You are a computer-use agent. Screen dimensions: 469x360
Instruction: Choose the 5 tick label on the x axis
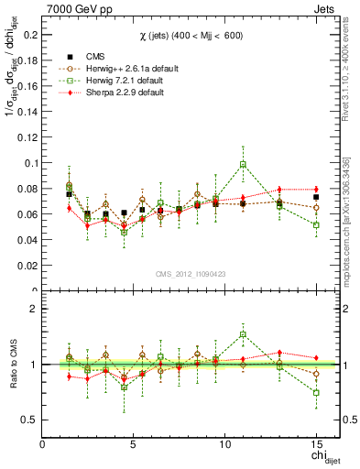pos(134,445)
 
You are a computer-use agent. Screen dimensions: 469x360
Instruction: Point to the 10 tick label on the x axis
pos(224,445)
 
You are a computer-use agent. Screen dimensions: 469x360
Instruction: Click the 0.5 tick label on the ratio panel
pos(28,420)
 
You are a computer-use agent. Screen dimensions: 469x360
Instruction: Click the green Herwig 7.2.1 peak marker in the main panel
pos(243,165)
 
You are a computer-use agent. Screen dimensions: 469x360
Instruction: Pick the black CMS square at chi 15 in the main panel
pos(316,197)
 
